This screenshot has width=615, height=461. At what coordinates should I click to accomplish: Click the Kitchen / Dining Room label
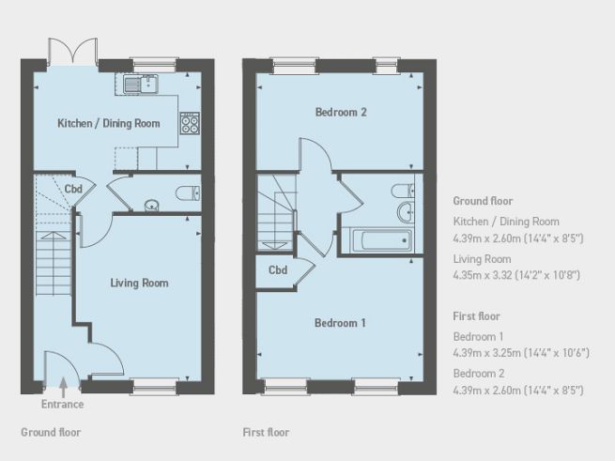pos(108,123)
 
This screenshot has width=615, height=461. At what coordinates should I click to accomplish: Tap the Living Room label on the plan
pos(139,283)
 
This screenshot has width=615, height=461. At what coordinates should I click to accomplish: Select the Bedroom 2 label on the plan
pos(340,112)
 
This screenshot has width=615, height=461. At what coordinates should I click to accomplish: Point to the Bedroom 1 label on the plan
pos(340,323)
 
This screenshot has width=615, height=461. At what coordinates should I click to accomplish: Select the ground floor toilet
pos(188,194)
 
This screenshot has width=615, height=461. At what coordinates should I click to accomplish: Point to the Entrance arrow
pos(62,385)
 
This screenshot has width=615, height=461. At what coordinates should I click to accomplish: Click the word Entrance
pos(62,405)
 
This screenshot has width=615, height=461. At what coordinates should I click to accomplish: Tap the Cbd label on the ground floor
pos(73,189)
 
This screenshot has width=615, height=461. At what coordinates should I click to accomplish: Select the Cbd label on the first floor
pos(277,270)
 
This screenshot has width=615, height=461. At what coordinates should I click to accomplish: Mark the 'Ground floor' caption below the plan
pos(51,433)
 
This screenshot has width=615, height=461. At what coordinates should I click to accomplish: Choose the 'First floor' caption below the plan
pos(266,433)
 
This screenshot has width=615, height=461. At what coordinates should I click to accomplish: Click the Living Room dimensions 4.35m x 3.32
pos(516,275)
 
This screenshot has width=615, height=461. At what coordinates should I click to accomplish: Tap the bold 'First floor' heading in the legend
pos(476,316)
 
